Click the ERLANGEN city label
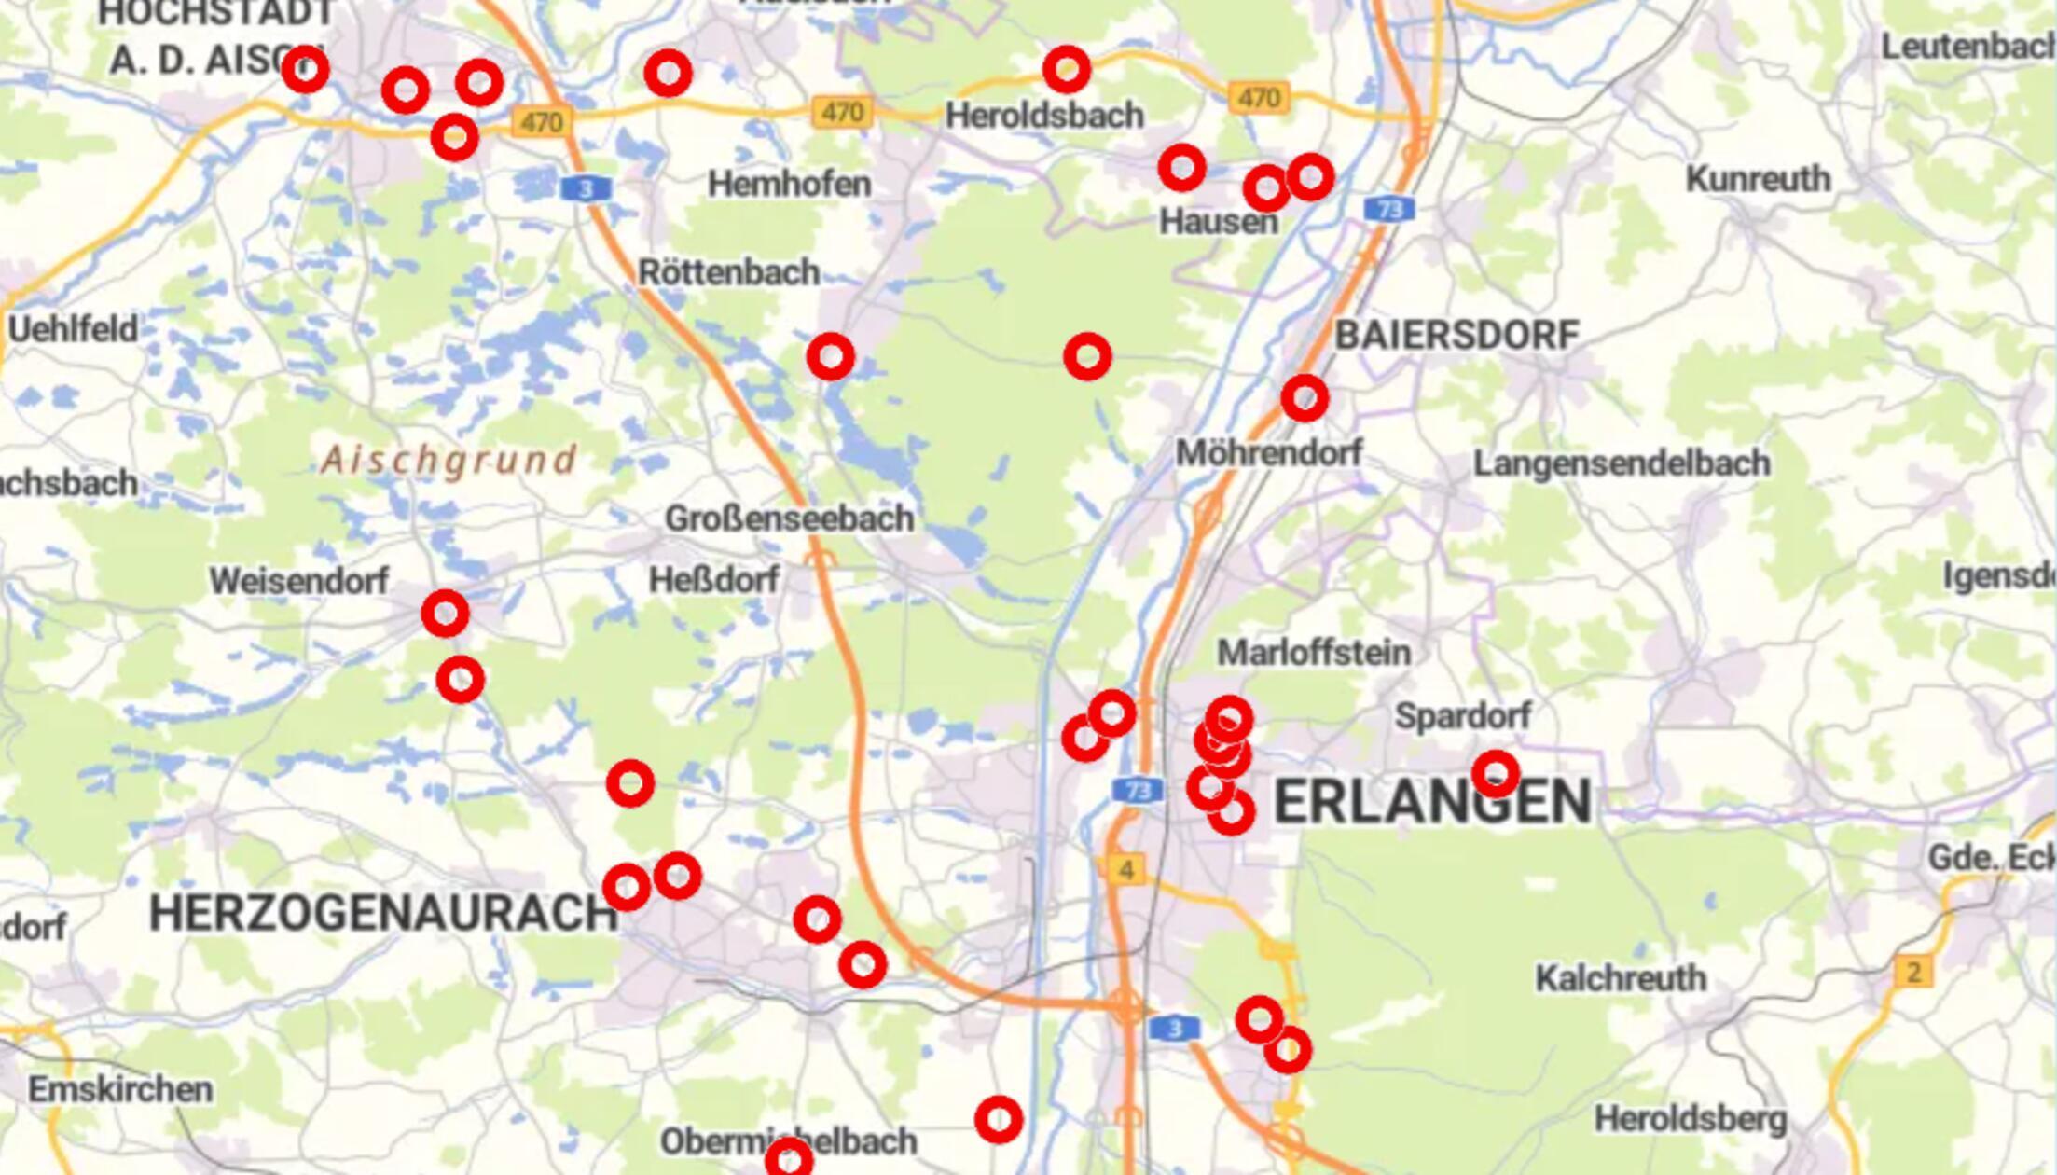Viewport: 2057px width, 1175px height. pos(1432,802)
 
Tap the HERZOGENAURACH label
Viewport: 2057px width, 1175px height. pos(382,913)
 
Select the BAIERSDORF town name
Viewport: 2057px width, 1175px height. pos(1457,336)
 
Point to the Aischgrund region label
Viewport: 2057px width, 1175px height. pos(449,460)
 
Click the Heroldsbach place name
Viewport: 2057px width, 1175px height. pos(1044,116)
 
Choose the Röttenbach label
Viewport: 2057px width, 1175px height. pos(729,272)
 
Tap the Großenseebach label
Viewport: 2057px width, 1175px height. pos(789,518)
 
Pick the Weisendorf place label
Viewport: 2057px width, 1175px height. pos(298,581)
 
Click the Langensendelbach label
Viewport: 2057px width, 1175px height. pos(1622,463)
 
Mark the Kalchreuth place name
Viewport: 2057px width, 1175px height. pos(1621,978)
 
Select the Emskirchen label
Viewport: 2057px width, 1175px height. pos(120,1089)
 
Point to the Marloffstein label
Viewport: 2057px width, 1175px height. pos(1314,653)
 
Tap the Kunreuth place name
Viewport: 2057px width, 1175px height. pos(1758,179)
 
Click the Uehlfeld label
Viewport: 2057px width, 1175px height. pos(73,328)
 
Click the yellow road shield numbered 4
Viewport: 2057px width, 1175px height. pos(1126,870)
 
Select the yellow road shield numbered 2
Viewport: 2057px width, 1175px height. pos(1913,973)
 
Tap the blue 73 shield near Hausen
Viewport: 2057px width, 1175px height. pos(1389,209)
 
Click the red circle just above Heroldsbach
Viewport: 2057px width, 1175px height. pos(1067,69)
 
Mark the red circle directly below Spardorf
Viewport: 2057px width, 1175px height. pos(1496,773)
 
